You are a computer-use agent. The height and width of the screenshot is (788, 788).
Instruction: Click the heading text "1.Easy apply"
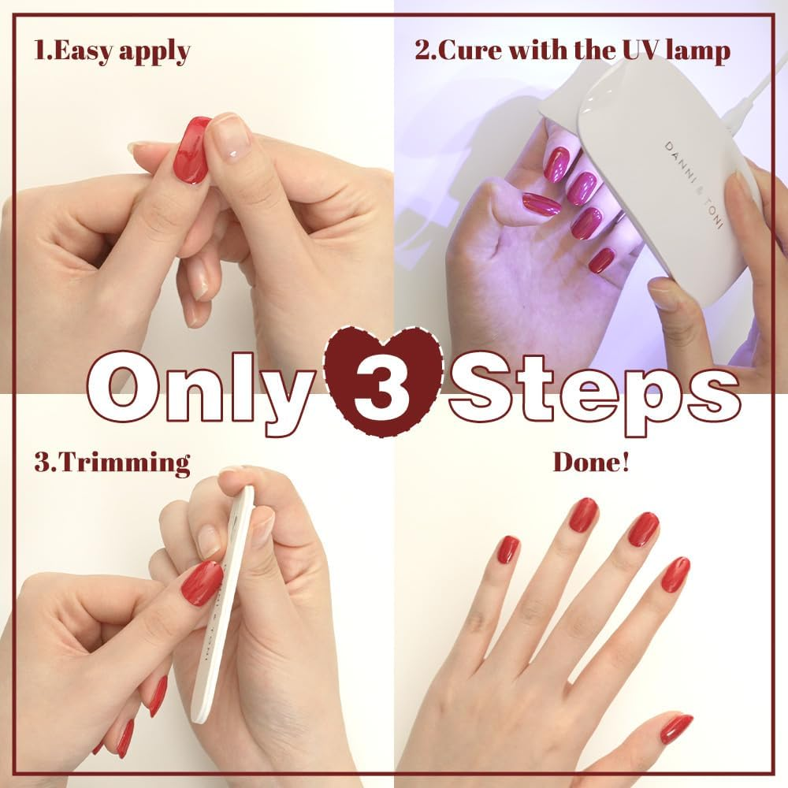pos(112,52)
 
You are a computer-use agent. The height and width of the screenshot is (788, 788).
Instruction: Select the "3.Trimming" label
pos(112,462)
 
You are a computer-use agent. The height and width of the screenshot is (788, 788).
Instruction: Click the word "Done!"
pos(590,462)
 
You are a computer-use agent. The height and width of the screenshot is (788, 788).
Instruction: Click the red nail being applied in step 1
pos(192,150)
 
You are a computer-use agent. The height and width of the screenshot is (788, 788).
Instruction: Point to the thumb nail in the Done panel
pos(675,728)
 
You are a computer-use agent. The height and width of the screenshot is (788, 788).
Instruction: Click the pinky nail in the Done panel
pos(508,549)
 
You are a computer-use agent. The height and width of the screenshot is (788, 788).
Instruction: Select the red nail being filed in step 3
pos(202,583)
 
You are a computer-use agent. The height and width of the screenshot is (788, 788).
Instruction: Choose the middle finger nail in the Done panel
pos(642,529)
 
